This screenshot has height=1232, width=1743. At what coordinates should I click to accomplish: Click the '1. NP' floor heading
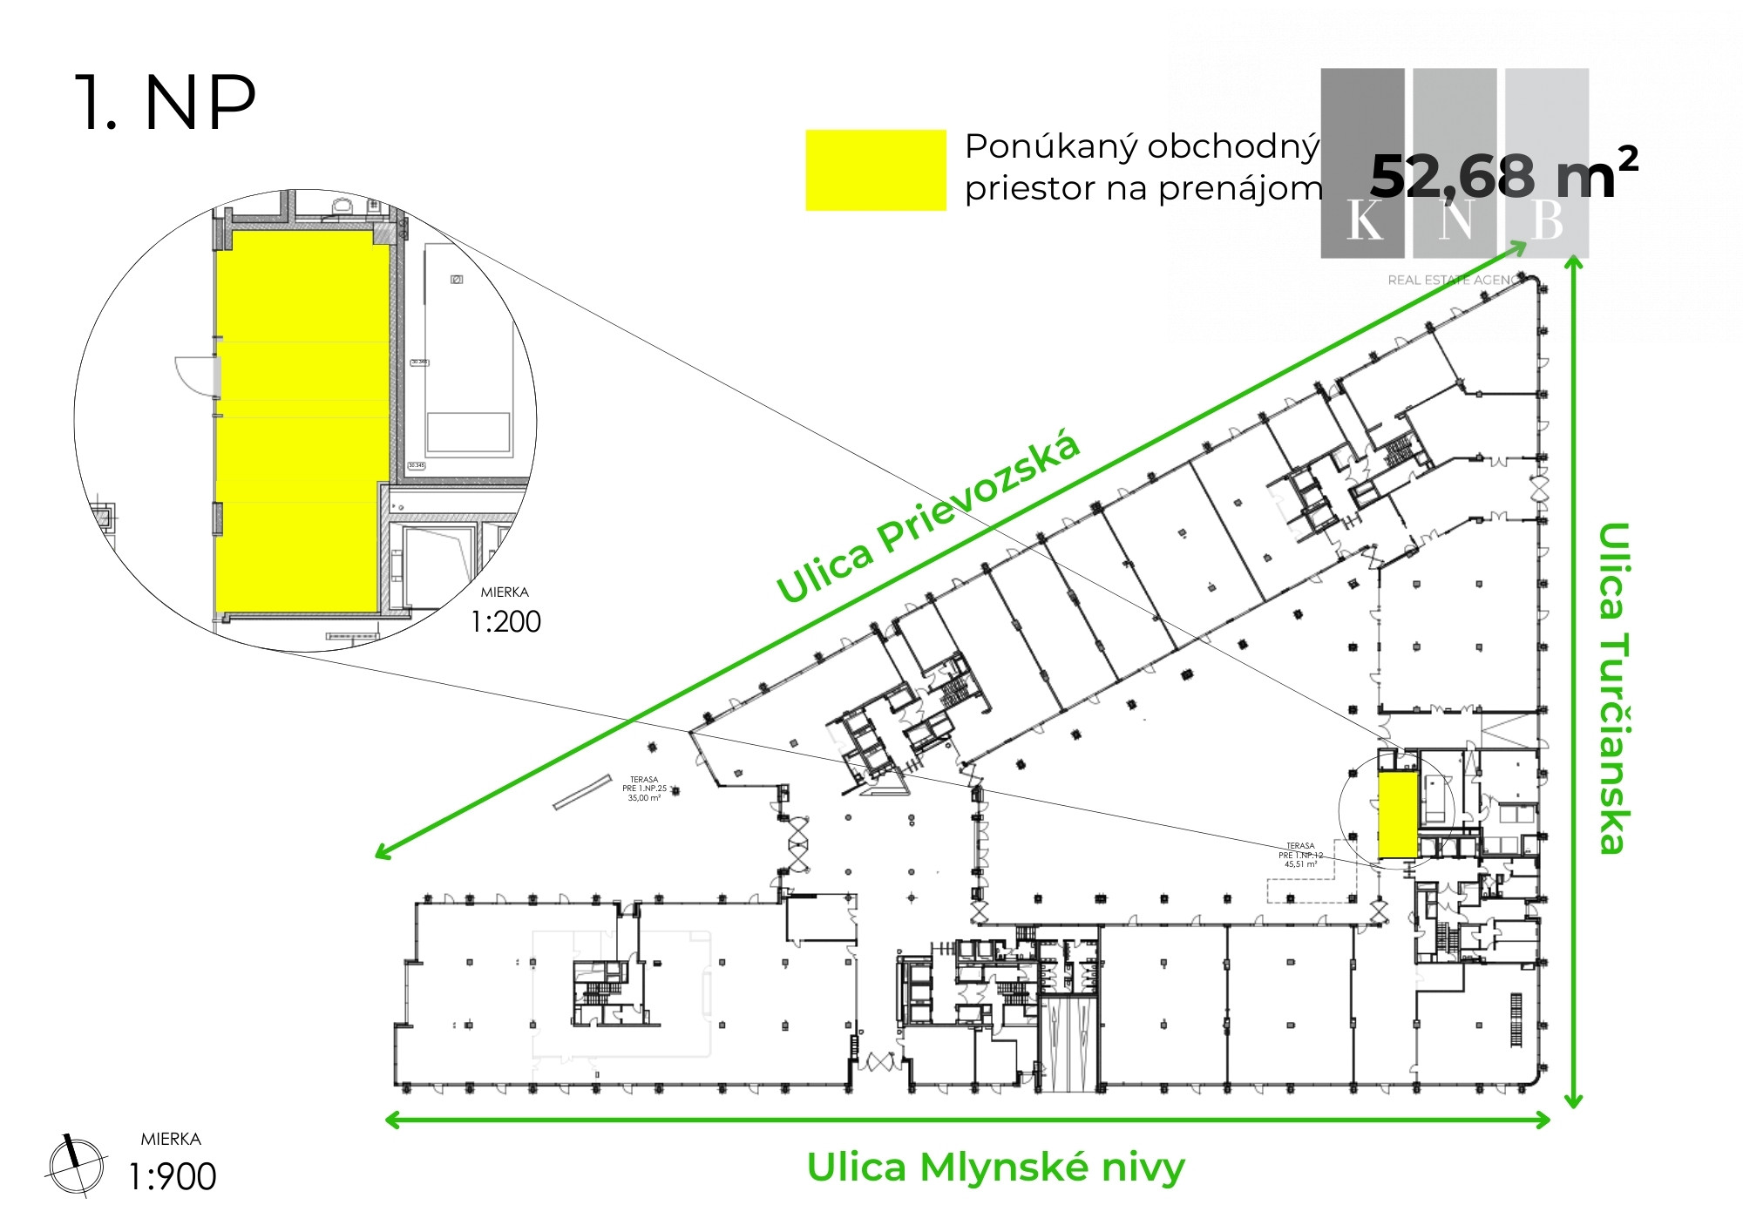[166, 103]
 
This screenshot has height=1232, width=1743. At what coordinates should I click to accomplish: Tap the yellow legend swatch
[875, 170]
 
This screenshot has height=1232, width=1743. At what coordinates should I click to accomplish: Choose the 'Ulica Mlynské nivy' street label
[995, 1168]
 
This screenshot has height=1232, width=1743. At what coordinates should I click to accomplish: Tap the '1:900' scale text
[173, 1177]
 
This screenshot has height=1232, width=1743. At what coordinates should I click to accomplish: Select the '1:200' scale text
[505, 622]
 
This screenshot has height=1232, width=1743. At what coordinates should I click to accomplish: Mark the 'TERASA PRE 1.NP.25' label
[644, 789]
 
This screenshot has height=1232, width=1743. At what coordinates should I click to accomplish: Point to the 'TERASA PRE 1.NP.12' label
[1300, 855]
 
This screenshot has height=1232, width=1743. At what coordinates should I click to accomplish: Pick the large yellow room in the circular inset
[301, 418]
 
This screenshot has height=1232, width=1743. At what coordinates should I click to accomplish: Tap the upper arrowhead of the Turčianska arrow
[1573, 261]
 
